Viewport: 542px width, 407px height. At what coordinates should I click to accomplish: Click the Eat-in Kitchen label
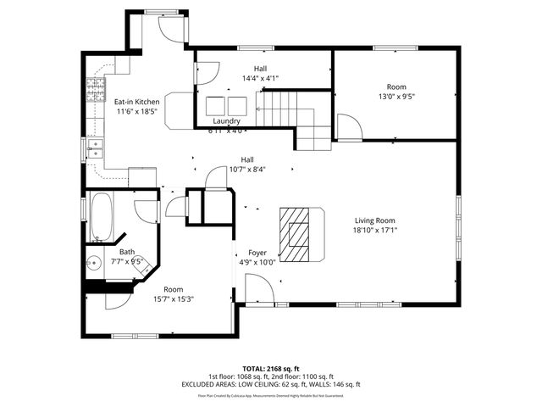136,101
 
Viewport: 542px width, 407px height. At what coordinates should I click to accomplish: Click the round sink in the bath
94,263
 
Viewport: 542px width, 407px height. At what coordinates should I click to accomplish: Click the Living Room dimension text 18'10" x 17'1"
375,229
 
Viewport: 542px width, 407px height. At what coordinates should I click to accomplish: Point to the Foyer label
257,253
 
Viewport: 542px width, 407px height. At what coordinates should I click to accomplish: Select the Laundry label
226,121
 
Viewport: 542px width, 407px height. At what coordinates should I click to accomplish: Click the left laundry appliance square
214,104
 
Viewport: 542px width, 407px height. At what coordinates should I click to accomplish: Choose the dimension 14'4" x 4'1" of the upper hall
261,78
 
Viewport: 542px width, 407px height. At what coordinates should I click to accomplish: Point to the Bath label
126,252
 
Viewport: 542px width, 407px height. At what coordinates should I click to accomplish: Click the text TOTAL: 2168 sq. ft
270,369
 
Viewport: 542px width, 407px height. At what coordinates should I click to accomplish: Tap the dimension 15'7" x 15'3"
174,298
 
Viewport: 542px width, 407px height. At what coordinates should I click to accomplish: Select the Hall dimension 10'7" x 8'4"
247,169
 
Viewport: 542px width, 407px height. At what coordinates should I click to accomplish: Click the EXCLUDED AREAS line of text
270,384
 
